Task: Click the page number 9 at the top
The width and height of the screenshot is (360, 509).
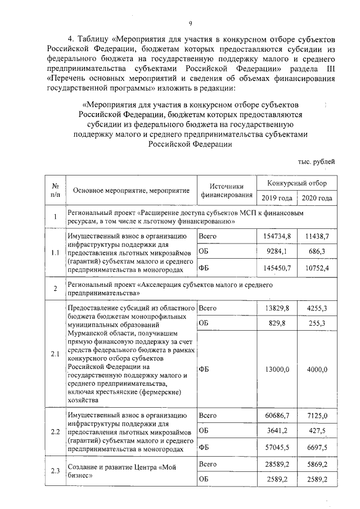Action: (190, 22)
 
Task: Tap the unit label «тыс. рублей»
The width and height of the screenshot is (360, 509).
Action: (316, 161)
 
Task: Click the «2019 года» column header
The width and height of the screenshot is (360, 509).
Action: (276, 198)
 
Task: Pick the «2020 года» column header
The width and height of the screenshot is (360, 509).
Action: (317, 198)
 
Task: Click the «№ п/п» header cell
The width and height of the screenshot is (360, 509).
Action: (55, 190)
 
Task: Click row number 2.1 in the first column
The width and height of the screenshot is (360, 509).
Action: (55, 354)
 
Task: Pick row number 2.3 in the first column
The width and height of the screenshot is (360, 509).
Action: (55, 471)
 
